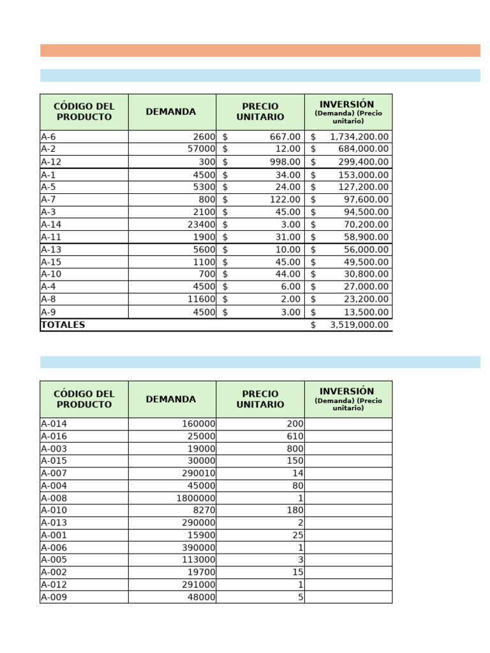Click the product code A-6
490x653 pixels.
tap(48, 136)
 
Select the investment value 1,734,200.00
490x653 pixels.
tap(359, 136)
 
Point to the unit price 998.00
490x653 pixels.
tap(285, 161)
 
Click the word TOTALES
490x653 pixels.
tap(63, 325)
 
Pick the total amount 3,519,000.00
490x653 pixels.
tap(359, 325)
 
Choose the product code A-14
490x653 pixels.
tap(51, 224)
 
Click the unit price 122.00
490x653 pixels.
tap(285, 199)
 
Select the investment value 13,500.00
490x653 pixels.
tap(363, 312)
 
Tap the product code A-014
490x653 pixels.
tap(54, 424)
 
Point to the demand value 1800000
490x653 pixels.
tap(196, 498)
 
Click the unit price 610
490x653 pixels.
tap(295, 436)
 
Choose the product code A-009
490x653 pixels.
tap(54, 598)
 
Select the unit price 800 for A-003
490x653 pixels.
tap(295, 449)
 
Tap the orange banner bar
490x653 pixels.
tap(260, 50)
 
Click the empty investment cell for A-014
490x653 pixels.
tap(348, 424)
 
